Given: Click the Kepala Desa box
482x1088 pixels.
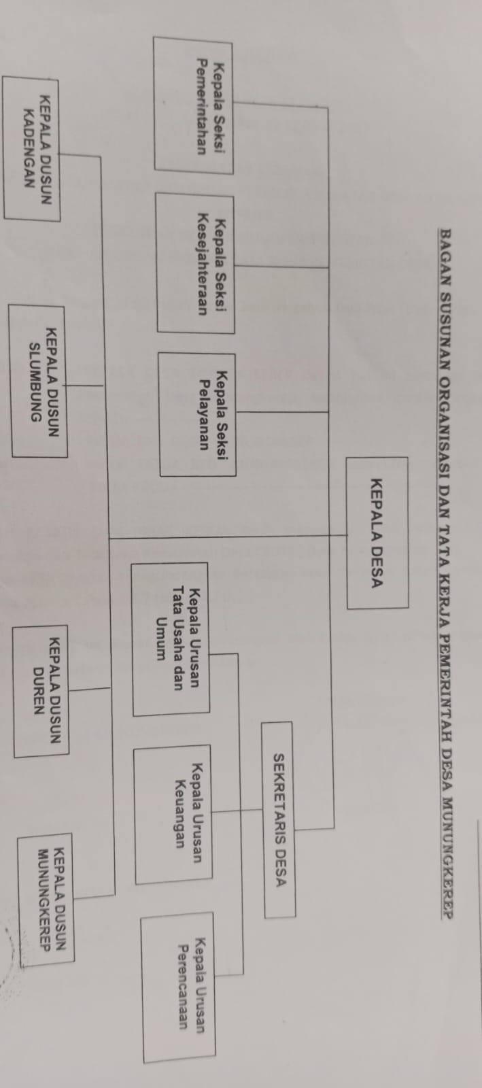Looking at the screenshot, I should click(x=377, y=532).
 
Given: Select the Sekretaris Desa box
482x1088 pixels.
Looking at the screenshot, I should click(x=278, y=819).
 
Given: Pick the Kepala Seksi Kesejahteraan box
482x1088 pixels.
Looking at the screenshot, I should click(x=195, y=263).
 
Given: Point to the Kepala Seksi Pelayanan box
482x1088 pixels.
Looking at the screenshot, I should click(x=197, y=413).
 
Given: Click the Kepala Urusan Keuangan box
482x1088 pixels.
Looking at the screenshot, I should click(x=173, y=814).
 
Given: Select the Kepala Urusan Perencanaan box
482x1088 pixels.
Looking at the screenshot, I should click(x=178, y=986).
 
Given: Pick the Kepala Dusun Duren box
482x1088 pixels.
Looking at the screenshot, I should click(x=51, y=690).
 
